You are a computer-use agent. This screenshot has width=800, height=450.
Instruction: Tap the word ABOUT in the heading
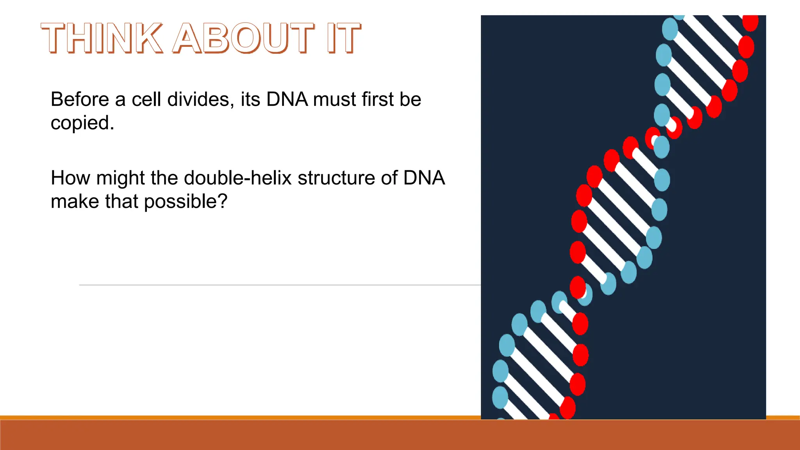(x=243, y=38)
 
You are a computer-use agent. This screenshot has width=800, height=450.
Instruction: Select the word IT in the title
(x=344, y=38)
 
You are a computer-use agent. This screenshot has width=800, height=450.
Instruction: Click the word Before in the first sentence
(x=80, y=99)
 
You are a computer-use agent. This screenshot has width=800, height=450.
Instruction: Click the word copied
(x=82, y=123)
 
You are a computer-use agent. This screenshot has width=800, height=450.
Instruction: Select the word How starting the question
(x=71, y=178)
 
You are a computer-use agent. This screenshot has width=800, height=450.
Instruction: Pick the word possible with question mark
(x=186, y=202)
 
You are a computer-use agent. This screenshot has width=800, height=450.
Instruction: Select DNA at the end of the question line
(x=424, y=178)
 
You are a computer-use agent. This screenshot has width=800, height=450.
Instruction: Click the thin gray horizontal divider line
(x=273, y=285)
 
